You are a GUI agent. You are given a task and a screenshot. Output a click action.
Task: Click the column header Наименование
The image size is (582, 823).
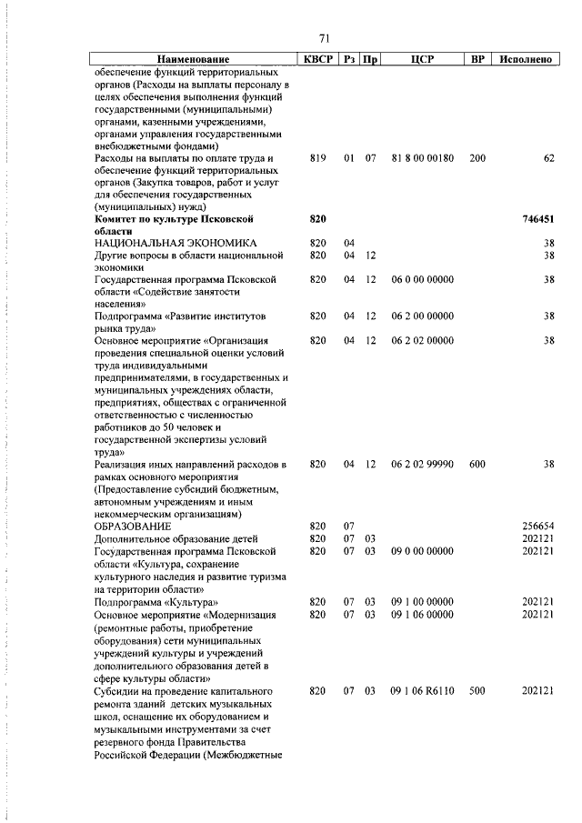pos(193,59)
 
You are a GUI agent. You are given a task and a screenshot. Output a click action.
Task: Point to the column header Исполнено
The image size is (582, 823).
pos(526,59)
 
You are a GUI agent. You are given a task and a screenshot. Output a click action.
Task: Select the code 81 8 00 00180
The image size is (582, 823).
pos(422,158)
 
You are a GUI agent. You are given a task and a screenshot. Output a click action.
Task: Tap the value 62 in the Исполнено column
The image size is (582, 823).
pos(548,158)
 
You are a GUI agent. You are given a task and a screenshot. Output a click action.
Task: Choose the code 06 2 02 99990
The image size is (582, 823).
pos(422,464)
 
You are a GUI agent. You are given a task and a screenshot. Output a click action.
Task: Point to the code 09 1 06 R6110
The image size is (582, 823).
pos(422,691)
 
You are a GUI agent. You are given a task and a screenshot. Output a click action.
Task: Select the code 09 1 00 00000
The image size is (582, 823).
pos(422,601)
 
